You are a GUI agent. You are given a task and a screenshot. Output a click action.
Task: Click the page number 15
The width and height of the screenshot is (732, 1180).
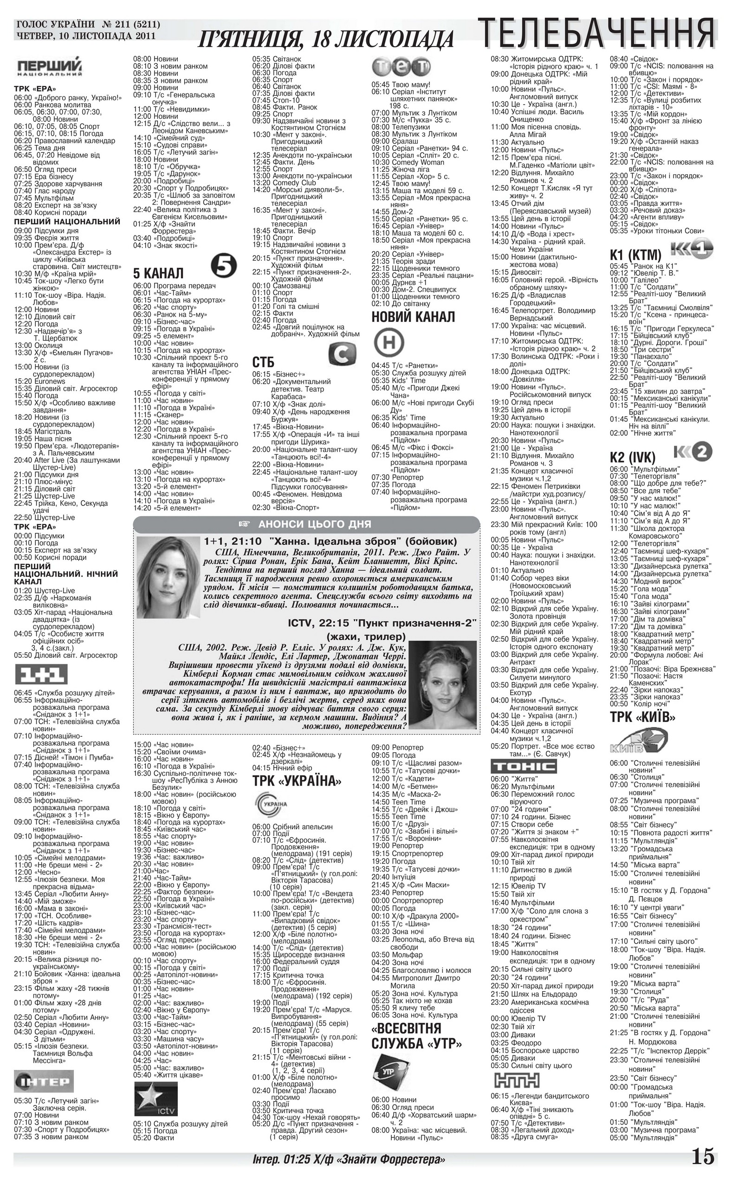pyautogui.click(x=702, y=1156)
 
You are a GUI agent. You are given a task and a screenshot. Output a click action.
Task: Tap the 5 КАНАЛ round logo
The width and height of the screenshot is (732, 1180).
pyautogui.click(x=223, y=267)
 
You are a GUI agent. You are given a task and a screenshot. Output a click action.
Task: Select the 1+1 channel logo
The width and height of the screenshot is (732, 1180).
pyautogui.click(x=42, y=674)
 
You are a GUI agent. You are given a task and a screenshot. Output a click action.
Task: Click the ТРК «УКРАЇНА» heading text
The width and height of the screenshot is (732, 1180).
pyautogui.click(x=297, y=781)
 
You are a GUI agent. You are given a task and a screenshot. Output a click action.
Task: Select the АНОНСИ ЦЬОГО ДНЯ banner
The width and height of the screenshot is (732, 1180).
pyautogui.click(x=306, y=524)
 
